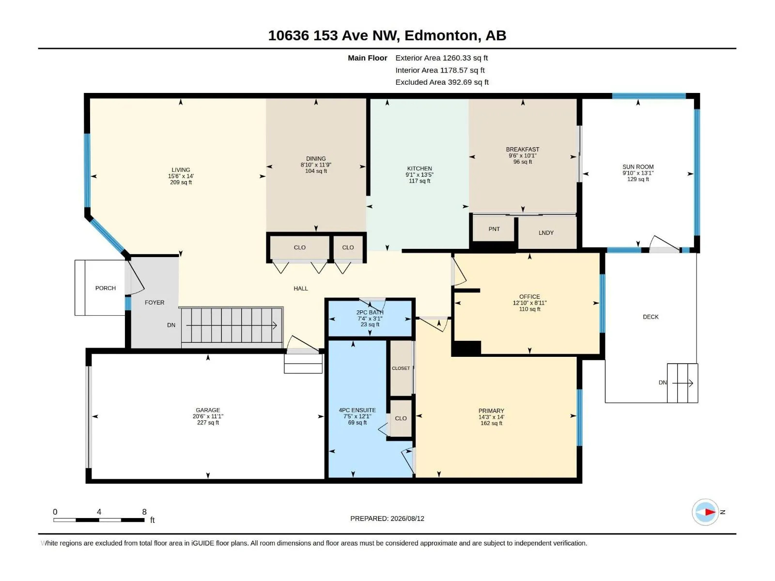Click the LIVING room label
pos(181,169)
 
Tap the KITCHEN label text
pos(419,168)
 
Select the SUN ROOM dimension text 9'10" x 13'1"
pos(637,173)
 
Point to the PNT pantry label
pos(494,229)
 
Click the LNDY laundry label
pos(546,232)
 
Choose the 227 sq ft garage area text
pos(208,422)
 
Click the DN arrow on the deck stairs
pos(682,383)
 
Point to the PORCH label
pos(105,288)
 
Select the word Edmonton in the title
pos(442,36)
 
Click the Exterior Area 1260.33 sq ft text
pos(441,58)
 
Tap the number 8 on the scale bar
pos(144,511)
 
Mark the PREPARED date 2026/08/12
pos(407,518)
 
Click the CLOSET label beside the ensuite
pos(401,368)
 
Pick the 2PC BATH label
pos(370,312)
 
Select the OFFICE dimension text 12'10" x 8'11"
pos(529,303)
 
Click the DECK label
pos(651,317)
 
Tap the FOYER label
pos(155,302)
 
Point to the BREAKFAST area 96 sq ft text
pos(523,162)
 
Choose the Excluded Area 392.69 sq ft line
pos(442,82)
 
